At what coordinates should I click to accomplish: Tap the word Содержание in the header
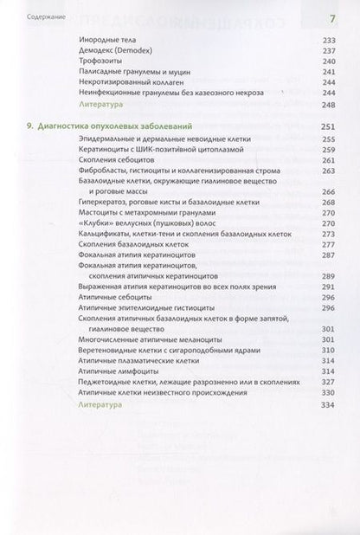42,19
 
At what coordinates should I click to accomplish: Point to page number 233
326,52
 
